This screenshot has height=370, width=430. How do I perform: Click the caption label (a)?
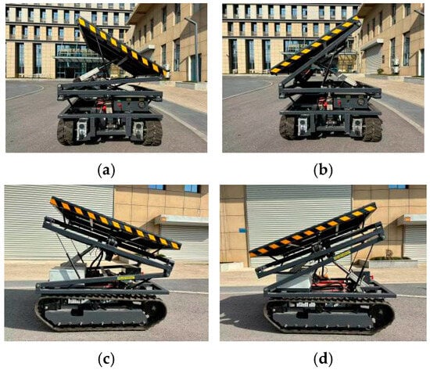106,171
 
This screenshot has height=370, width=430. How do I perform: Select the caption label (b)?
323,171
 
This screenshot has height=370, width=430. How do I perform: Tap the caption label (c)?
106,358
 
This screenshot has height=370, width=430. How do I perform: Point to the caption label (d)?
323,358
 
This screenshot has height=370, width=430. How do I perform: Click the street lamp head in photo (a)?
189,20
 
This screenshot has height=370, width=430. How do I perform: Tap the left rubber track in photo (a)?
65,131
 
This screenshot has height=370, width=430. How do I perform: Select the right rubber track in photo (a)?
152,132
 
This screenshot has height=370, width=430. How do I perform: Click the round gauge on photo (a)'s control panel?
142,105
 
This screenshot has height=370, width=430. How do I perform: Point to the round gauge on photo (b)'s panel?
361,102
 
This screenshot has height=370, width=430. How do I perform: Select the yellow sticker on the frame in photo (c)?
126,278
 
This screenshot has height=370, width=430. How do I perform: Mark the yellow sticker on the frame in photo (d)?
342,255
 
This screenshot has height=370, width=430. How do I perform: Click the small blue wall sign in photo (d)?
242,230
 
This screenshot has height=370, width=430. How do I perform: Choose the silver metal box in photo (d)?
295,282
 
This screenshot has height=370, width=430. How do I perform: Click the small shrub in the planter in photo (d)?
389,254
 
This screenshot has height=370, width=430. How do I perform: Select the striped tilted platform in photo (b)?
315,45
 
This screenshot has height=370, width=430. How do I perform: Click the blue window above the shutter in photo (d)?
398,187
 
